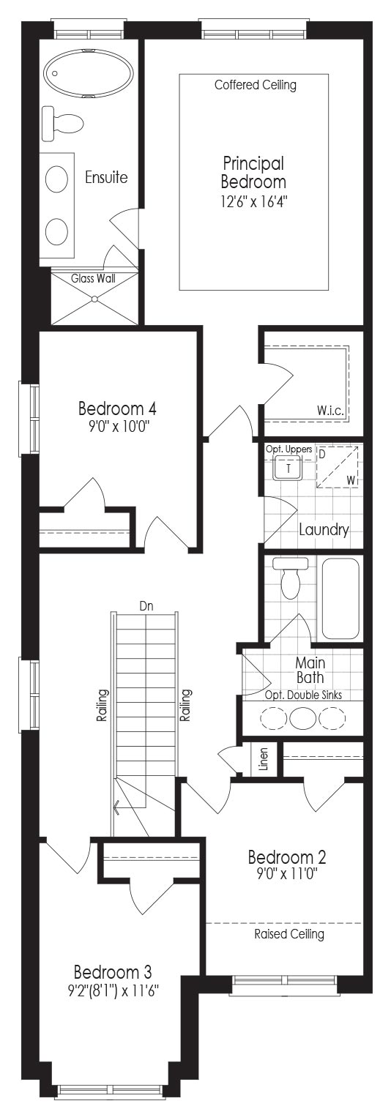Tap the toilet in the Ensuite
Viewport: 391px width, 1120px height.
coord(62,122)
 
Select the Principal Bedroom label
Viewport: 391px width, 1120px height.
coord(253,173)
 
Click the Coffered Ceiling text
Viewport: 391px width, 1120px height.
coord(256,85)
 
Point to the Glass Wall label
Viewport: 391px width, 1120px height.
coord(93,278)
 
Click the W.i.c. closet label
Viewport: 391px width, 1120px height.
coord(330,411)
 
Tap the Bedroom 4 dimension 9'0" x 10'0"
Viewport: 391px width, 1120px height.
coord(117,427)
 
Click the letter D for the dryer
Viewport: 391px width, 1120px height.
coord(322,455)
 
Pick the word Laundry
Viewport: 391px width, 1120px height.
coord(324,530)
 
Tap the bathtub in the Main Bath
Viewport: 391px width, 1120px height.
coord(340,598)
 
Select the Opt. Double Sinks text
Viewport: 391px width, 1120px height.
coord(303,695)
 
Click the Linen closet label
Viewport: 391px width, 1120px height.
coord(264,758)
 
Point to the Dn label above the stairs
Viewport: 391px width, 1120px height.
coord(146,607)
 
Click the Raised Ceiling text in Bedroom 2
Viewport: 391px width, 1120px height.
coord(289,933)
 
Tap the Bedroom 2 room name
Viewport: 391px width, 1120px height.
coord(287,857)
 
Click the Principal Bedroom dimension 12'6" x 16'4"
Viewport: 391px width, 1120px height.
coord(254,201)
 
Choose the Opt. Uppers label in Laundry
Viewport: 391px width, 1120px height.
coord(289,449)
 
